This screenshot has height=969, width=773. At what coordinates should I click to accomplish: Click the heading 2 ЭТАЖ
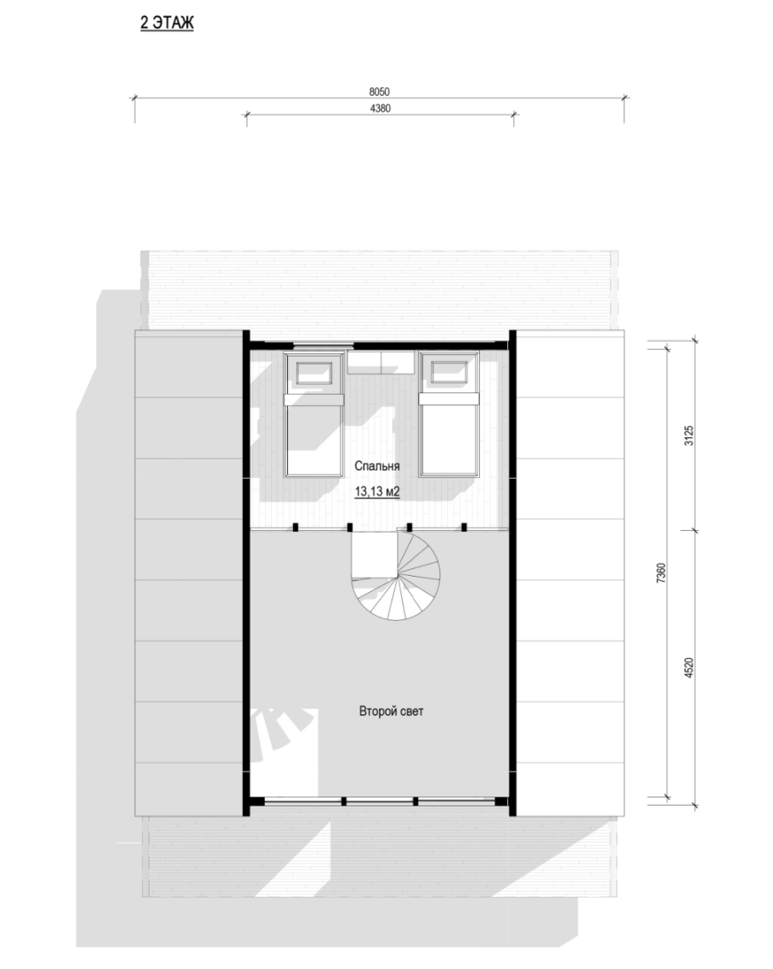point(166,24)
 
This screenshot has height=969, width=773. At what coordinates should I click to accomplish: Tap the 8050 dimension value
point(380,92)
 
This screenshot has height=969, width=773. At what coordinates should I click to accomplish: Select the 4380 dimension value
point(380,109)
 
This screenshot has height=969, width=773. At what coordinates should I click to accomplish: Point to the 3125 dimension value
point(690,436)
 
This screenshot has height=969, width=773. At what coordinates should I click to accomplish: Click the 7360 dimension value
point(661,573)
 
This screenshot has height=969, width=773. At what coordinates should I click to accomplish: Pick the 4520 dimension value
point(690,668)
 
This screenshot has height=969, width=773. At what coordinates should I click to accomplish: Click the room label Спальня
point(377,466)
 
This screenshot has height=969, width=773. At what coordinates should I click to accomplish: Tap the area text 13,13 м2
point(377,492)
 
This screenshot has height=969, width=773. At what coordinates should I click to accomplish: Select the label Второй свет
point(391,712)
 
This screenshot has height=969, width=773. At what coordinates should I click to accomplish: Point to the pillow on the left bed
point(314,373)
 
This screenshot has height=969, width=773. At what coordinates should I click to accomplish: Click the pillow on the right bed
point(449,373)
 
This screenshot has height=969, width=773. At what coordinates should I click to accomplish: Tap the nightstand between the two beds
point(381,362)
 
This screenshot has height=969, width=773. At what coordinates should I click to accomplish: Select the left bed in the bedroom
point(314,414)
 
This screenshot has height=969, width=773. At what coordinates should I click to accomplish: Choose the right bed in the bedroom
point(449,414)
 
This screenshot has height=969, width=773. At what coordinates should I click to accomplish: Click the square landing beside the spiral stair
point(375,554)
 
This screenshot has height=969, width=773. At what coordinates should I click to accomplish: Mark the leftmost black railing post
point(296,527)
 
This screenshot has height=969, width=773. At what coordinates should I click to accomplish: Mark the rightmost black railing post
point(465,527)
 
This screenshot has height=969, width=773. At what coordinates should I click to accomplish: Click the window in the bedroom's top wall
point(323,345)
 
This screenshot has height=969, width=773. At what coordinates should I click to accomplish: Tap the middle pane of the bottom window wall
point(379,802)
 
